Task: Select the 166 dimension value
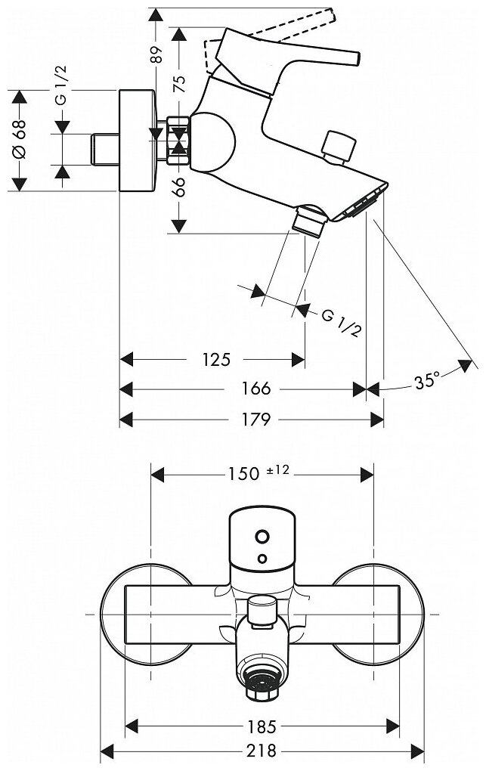pos(257,389)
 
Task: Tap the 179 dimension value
pos(256,420)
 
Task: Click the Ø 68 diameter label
pos(20,140)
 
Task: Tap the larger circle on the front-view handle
pos(261,537)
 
